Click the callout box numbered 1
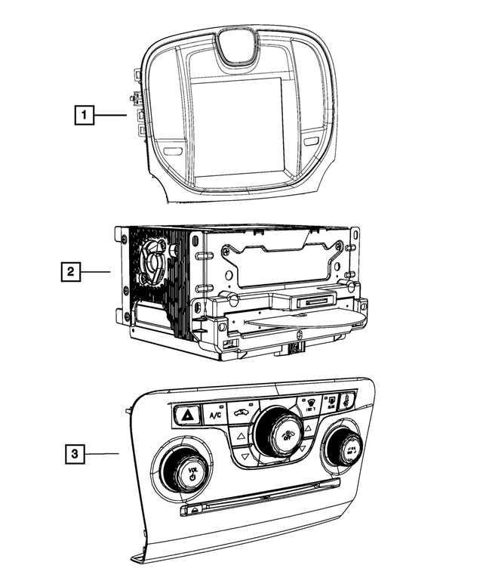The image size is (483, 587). (85, 116)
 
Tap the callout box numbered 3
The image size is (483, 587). (74, 454)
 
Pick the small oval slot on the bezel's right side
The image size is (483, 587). (312, 142)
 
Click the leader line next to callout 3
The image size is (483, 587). (102, 454)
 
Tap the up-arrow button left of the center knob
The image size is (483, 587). (240, 437)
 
